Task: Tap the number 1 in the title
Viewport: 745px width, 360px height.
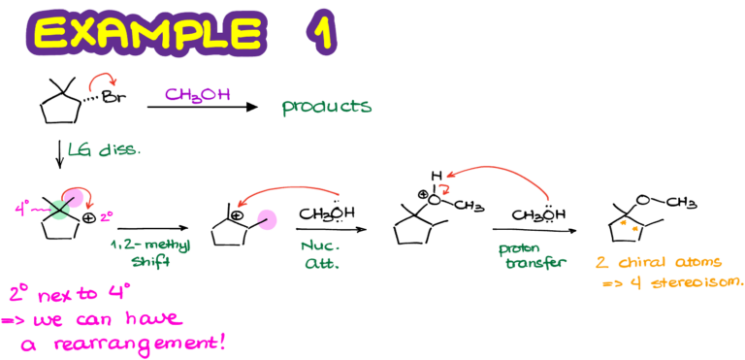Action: pos(323,35)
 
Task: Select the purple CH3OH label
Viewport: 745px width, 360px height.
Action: pos(197,95)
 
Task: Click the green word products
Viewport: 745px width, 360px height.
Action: pos(326,107)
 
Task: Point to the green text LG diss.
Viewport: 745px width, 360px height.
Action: pos(103,150)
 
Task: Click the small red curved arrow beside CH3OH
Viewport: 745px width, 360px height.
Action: pos(102,82)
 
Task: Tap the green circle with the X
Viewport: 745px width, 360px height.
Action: pos(60,208)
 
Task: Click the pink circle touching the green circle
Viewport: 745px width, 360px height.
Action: pos(74,197)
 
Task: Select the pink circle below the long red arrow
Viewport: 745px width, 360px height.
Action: pos(267,220)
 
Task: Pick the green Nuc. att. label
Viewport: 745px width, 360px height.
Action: pos(319,254)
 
